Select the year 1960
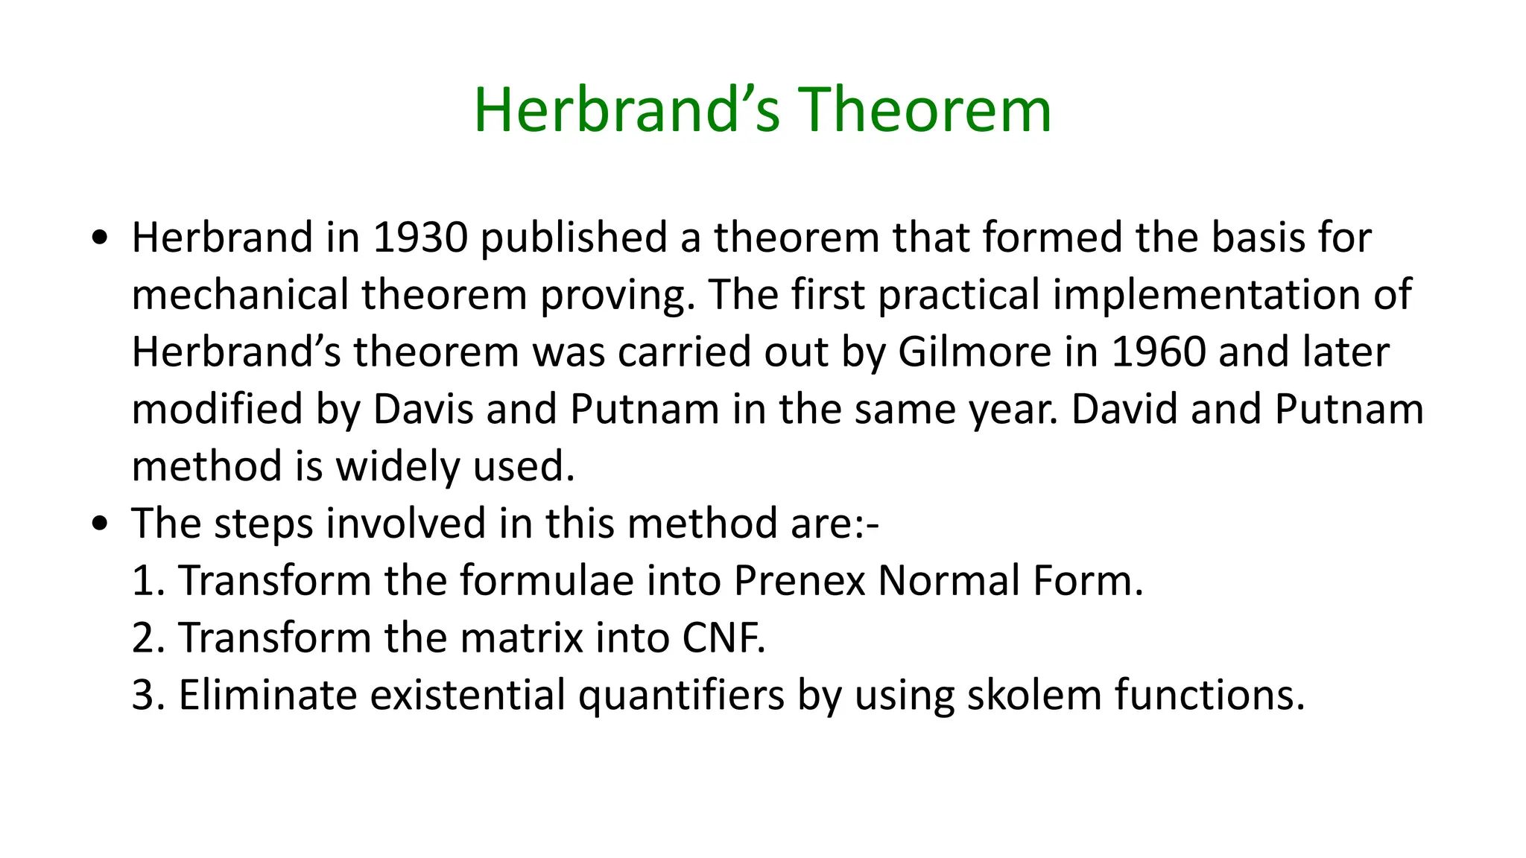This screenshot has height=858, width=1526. pos(1158,352)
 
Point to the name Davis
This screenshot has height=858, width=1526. pos(422,410)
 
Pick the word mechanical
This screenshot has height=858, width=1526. pos(240,295)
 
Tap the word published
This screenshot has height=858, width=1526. pos(573,238)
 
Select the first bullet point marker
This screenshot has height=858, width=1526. pos(99,238)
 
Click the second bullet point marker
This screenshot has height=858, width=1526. pos(99,524)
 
